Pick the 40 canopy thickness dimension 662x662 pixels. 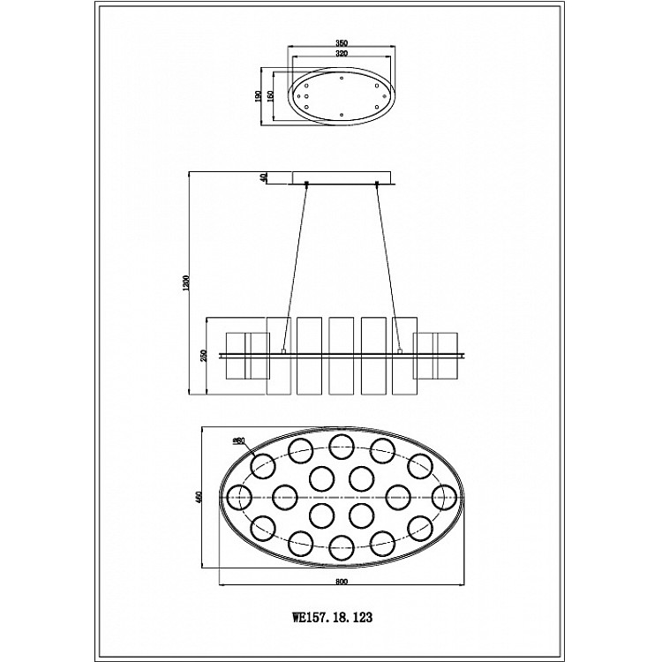(264, 177)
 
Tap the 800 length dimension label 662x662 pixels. (342, 581)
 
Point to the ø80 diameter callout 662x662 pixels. (238, 440)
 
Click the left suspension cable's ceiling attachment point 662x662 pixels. (305, 184)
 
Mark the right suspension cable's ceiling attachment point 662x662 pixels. (378, 184)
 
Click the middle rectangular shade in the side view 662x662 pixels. (342, 355)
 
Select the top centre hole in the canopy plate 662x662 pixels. (342, 77)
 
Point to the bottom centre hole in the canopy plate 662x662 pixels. (342, 114)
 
